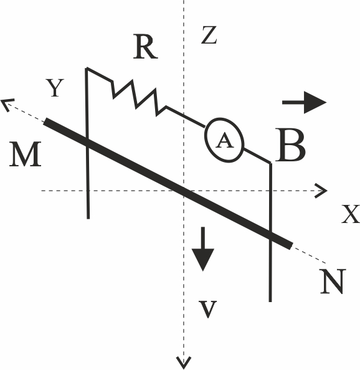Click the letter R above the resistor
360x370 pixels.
[x=145, y=47]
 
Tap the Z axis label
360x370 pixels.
[x=209, y=36]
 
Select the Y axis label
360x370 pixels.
[x=55, y=88]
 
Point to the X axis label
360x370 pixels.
[x=351, y=214]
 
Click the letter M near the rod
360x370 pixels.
[x=26, y=154]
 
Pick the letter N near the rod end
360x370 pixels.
[x=333, y=282]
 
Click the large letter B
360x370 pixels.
[x=290, y=145]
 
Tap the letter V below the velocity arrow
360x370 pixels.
[x=207, y=309]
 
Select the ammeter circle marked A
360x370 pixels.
[x=224, y=140]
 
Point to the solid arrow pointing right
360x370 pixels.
[x=305, y=102]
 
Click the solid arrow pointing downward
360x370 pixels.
[x=202, y=249]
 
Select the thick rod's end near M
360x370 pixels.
[x=45, y=121]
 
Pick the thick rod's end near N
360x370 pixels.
[x=291, y=245]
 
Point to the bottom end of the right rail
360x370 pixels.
[x=270, y=301]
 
